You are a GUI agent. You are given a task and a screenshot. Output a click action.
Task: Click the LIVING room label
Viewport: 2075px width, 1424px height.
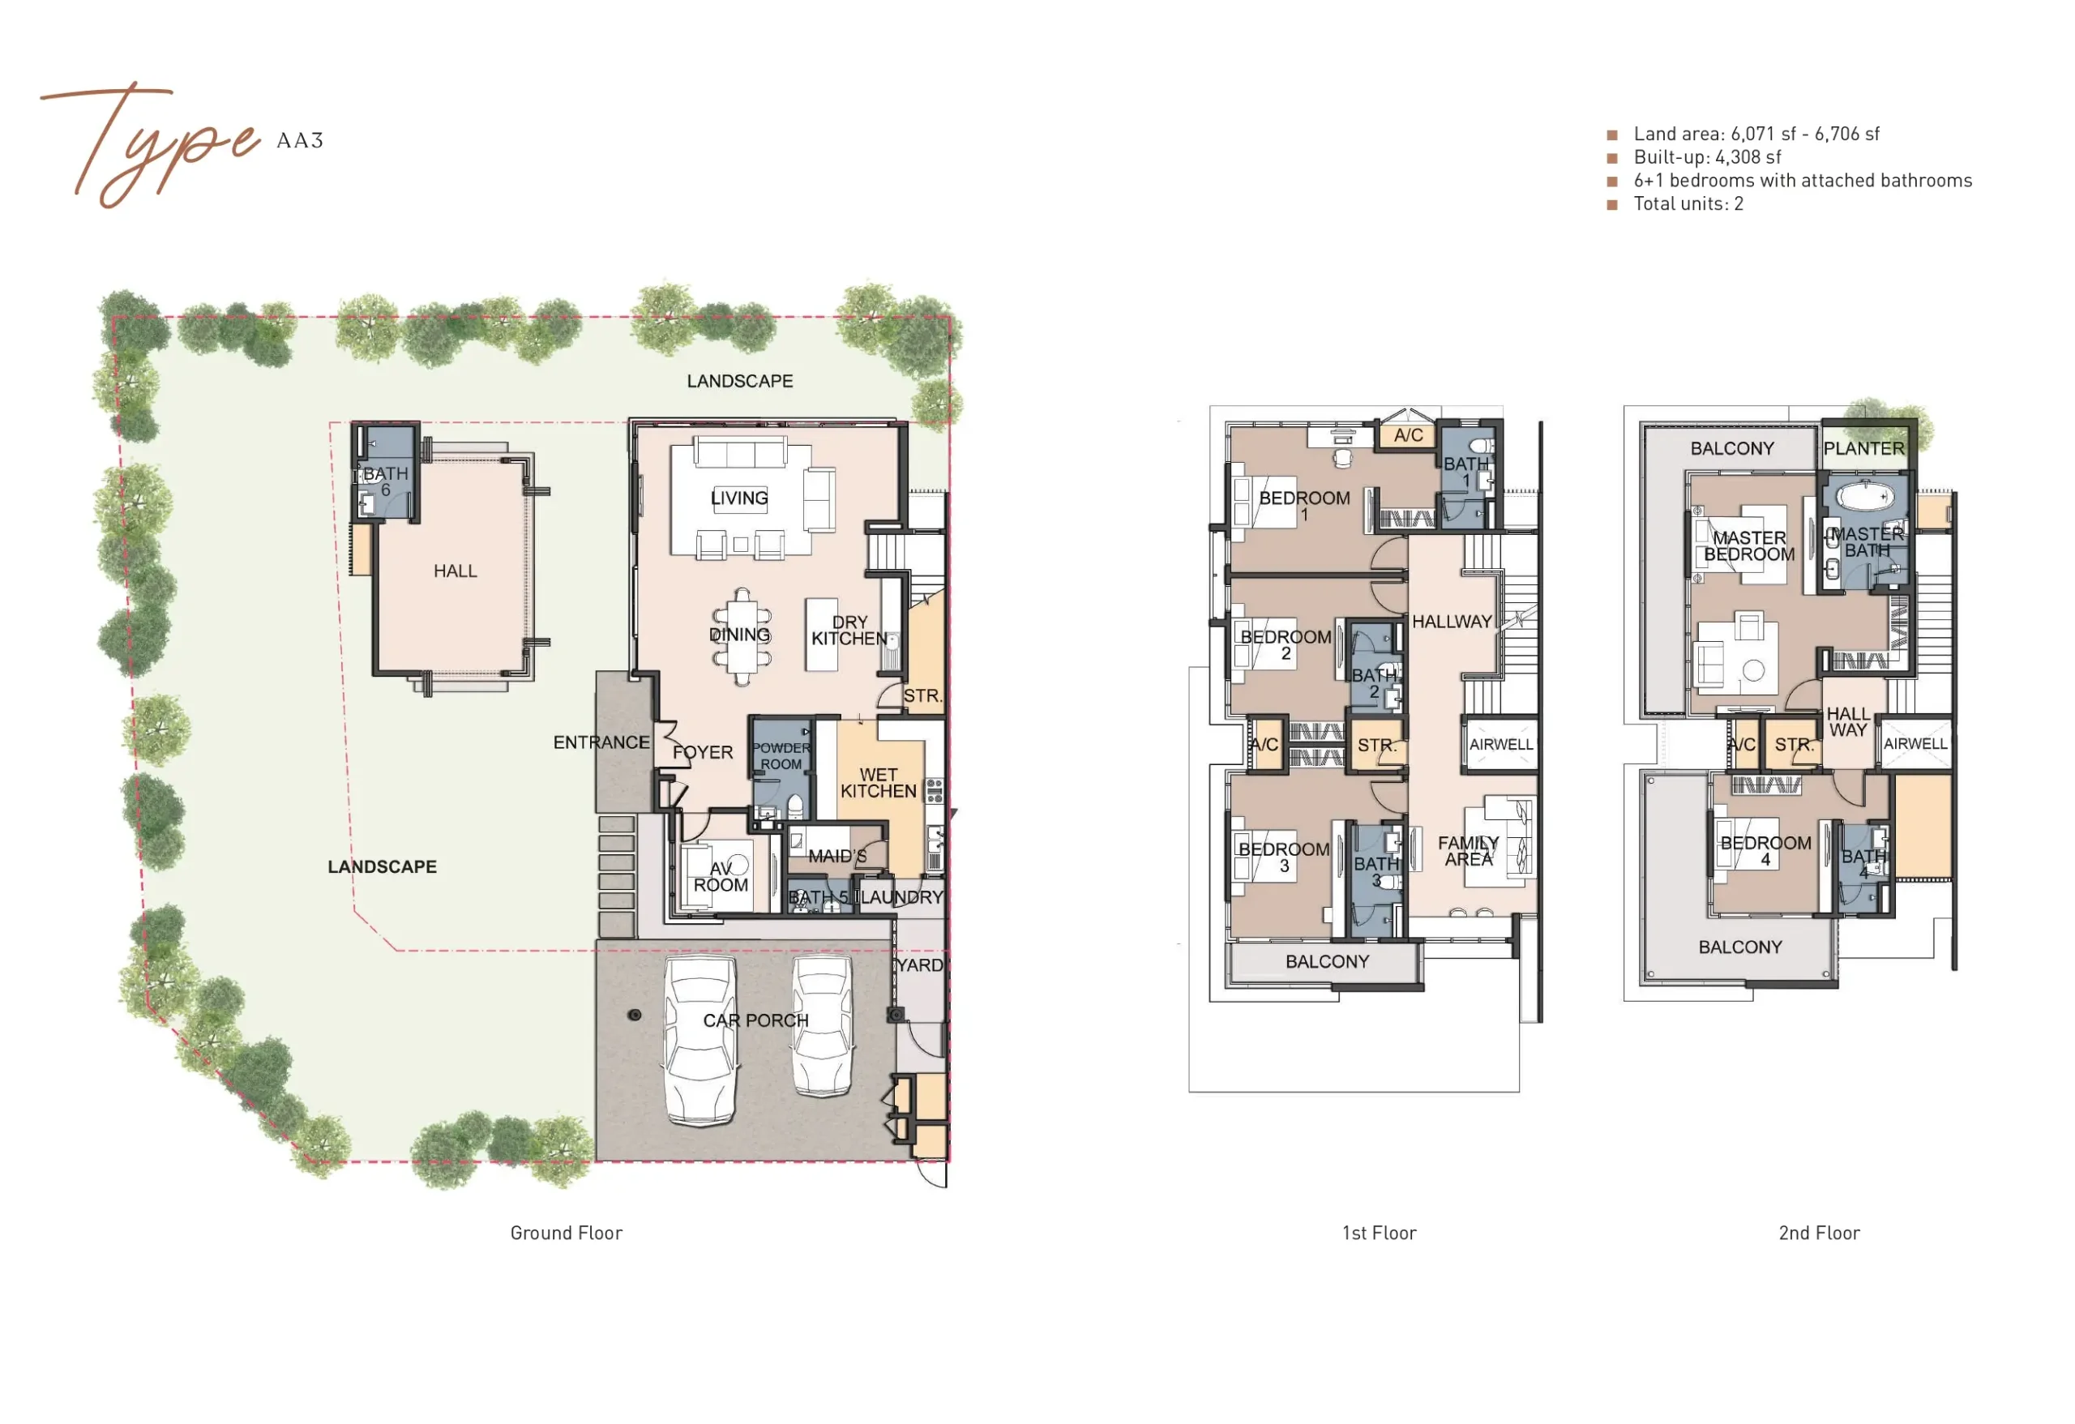739,498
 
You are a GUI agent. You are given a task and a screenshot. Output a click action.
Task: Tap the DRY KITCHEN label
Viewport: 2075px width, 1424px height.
849,631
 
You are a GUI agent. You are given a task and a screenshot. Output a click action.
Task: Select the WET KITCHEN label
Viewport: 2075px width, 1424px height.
879,783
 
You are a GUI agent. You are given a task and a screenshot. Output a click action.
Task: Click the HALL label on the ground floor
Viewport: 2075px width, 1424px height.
456,571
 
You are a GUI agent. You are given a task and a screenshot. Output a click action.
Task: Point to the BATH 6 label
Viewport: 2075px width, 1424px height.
386,482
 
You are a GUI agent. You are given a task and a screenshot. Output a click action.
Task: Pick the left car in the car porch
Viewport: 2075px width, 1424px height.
701,1040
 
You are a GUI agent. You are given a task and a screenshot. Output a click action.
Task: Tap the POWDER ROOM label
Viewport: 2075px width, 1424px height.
781,756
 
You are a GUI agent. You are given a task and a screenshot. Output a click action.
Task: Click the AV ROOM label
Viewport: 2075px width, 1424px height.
721,877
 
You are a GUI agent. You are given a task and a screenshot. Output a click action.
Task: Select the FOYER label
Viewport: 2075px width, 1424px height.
703,753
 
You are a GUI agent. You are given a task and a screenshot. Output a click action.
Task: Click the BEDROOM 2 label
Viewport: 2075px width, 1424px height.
1286,645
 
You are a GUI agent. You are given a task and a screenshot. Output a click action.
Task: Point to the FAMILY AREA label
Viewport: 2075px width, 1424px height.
1469,851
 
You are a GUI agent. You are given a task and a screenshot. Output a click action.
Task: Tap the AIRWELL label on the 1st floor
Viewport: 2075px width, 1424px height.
1502,745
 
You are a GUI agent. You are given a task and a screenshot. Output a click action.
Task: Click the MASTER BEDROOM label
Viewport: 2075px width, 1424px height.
1749,546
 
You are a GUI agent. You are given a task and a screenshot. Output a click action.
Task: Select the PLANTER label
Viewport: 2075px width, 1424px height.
1864,448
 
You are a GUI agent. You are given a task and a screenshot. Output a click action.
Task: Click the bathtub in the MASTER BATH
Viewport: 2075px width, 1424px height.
1865,495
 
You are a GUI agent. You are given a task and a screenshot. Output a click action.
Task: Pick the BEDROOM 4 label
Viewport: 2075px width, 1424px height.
1766,852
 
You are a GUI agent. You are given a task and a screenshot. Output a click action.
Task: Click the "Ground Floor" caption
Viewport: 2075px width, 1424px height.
566,1233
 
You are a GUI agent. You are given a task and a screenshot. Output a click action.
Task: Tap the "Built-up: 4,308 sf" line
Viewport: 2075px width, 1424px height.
1707,157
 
